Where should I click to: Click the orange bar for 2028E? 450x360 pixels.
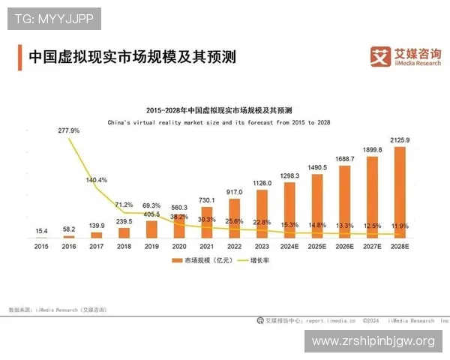tap(400, 193)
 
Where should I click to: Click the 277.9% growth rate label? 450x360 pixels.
tap(69, 130)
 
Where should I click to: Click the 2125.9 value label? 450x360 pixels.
tap(400, 140)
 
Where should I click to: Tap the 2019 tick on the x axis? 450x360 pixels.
tap(151, 245)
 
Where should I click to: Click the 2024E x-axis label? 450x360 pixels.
tap(289, 245)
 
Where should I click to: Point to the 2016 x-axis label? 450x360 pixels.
tap(69, 245)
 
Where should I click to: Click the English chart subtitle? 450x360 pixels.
tap(219, 121)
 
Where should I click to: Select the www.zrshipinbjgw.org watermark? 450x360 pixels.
tap(373, 341)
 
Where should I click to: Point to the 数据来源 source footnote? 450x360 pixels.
tap(57, 309)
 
